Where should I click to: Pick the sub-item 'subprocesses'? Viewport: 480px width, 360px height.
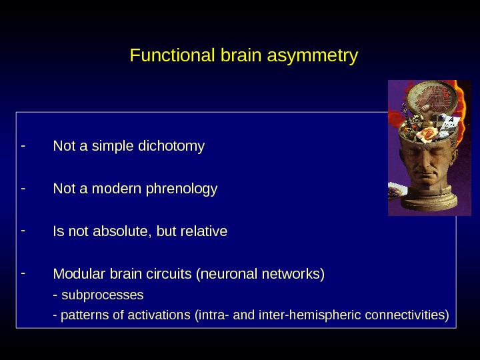(x=102, y=294)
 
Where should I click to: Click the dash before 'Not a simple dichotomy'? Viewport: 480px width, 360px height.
(x=23, y=143)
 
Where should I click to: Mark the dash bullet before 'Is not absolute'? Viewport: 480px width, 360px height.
(x=23, y=230)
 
